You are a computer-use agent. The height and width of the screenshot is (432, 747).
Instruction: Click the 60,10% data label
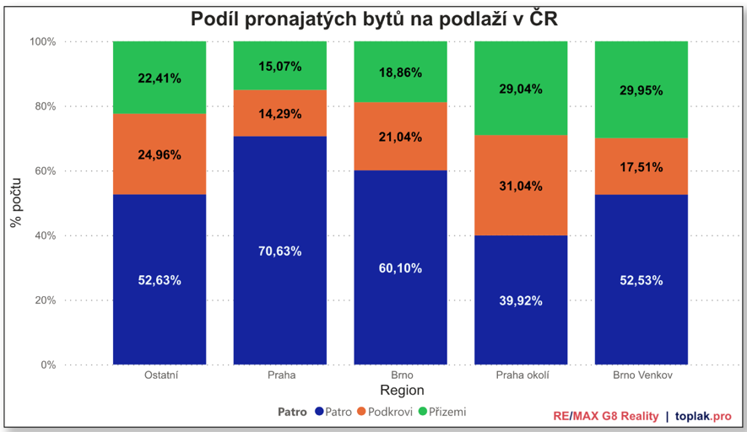(x=400, y=268)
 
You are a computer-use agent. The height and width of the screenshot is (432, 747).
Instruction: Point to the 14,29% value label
(x=279, y=113)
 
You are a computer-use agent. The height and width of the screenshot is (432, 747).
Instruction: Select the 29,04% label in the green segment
(x=520, y=89)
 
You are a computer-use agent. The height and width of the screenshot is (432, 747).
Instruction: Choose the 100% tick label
(x=42, y=41)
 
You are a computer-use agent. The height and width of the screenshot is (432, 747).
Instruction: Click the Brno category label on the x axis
(x=401, y=374)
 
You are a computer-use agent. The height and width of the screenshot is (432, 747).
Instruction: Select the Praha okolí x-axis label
(x=521, y=374)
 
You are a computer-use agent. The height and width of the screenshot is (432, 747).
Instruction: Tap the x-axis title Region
(x=402, y=391)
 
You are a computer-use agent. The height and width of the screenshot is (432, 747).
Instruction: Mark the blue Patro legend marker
(x=319, y=412)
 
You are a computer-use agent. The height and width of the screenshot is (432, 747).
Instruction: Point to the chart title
(x=373, y=19)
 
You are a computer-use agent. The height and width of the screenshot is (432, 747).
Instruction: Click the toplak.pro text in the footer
(x=703, y=416)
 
